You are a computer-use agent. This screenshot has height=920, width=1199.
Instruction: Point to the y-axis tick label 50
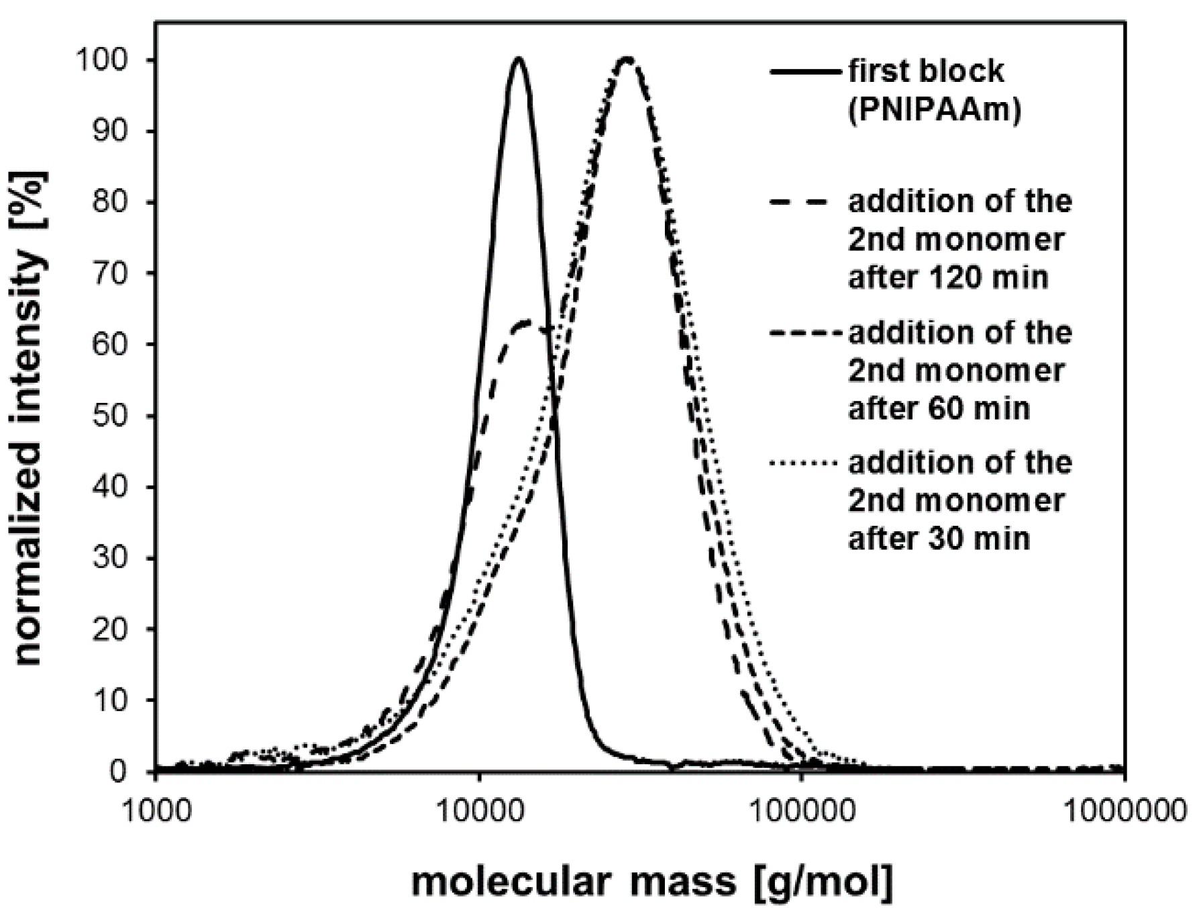pos(109,416)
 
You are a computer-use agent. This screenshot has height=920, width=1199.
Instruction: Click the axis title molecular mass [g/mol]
pos(652,882)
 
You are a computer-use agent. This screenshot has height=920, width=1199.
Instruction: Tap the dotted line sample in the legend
pos(807,463)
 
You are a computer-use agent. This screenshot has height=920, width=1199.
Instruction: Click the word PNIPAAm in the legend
pos(934,109)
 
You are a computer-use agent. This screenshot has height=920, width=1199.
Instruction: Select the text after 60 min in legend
pos(939,408)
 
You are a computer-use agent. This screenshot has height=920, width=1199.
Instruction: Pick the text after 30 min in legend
pos(939,538)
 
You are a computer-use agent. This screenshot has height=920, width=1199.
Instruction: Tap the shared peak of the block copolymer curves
pos(627,58)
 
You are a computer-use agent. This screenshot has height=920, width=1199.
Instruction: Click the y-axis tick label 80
pos(109,202)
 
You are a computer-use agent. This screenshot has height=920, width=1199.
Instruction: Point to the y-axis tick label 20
pos(109,629)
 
